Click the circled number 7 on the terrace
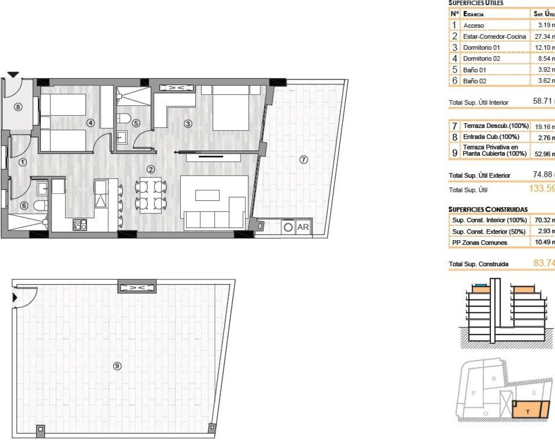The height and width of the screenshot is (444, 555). [x=304, y=160]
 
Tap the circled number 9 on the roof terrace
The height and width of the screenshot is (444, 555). [x=117, y=366]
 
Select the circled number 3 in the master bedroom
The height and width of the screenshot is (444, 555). [x=188, y=124]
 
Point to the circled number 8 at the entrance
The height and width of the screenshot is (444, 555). [x=18, y=107]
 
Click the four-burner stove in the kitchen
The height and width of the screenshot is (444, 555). [x=80, y=224]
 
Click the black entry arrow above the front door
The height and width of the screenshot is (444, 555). [x=13, y=75]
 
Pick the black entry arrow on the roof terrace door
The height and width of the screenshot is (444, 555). [x=15, y=297]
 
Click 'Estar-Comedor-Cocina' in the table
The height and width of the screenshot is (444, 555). [x=494, y=36]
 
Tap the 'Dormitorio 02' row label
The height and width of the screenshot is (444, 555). [x=481, y=59]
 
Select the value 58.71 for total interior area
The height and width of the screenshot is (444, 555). [x=542, y=101]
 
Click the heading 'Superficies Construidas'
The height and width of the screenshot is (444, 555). [x=488, y=209]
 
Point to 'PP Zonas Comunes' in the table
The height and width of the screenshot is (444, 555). [x=479, y=242]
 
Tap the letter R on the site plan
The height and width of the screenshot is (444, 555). [x=493, y=379]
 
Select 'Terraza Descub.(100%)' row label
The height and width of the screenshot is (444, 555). [x=496, y=126]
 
